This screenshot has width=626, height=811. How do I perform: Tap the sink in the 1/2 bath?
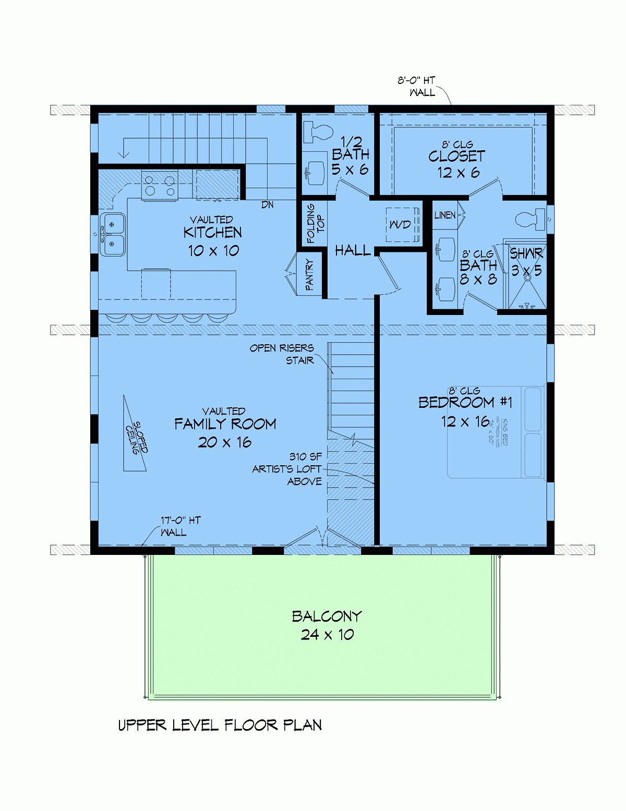click(x=315, y=172)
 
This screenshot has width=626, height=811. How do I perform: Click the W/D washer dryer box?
click(x=402, y=225)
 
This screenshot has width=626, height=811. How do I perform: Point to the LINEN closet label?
click(x=445, y=215)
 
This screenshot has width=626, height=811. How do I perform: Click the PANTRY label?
click(x=309, y=274)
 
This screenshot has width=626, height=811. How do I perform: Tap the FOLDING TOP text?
click(x=315, y=224)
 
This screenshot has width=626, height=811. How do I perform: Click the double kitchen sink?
click(x=113, y=234)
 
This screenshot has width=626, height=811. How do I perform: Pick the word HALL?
click(x=353, y=251)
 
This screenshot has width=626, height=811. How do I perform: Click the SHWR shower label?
click(x=526, y=254)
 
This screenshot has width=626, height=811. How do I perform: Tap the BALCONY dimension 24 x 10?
click(x=327, y=635)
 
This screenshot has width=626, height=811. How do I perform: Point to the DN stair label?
click(x=267, y=205)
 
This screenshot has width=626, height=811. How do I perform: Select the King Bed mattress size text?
click(x=498, y=431)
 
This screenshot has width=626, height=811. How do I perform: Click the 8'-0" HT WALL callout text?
click(x=417, y=87)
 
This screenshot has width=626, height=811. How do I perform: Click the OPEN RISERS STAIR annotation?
click(x=282, y=354)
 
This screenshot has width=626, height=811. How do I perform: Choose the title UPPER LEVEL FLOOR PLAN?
click(x=220, y=725)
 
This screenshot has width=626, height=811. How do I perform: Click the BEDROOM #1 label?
click(x=465, y=403)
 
